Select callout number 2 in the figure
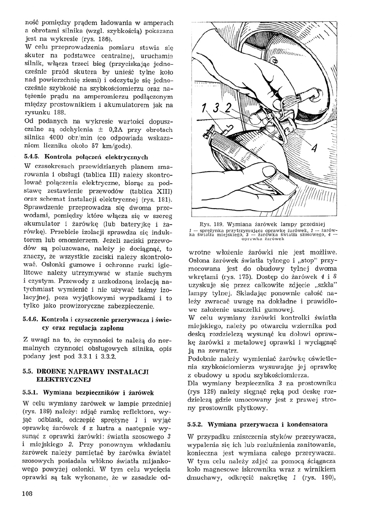coord(227,108)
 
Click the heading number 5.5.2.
coord(198,424)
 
